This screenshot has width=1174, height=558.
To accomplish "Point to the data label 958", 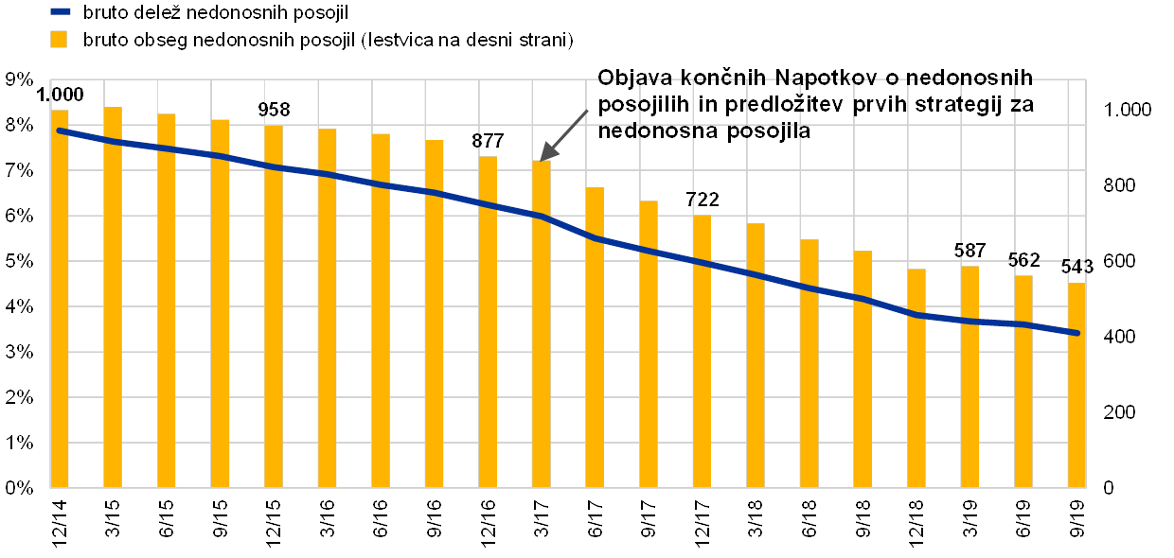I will [274, 109].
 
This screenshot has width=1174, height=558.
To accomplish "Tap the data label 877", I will [488, 141].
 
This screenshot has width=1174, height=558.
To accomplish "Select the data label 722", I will [702, 200].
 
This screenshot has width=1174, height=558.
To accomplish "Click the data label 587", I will [969, 251].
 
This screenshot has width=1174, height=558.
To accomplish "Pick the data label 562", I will [1023, 260].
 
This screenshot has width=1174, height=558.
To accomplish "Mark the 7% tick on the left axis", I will [20, 171].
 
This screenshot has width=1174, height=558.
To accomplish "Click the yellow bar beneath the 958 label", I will [274, 303].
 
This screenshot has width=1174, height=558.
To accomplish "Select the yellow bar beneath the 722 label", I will [702, 350].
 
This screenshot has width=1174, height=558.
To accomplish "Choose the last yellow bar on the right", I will [1076, 383].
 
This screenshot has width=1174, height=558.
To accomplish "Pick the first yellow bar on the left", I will [60, 298].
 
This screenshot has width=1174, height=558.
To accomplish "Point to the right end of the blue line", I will [1077, 333].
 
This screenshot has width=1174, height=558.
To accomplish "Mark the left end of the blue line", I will [60, 131].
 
